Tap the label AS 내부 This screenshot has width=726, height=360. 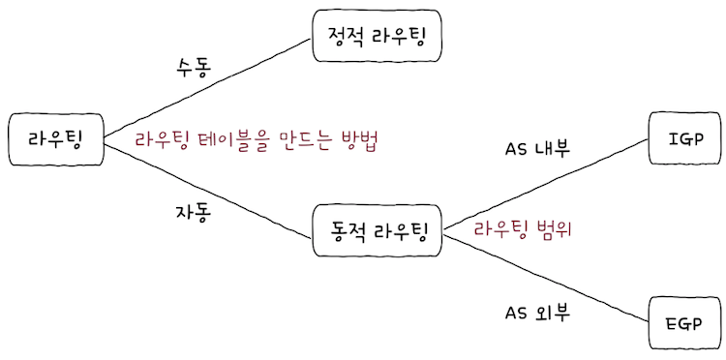point(538,150)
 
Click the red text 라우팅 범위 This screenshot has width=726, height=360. point(524,230)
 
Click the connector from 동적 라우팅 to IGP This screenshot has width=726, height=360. point(542,184)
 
